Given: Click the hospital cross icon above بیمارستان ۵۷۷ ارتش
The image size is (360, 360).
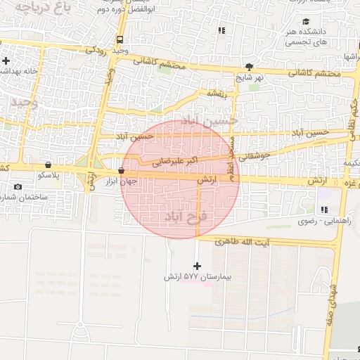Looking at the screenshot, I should click(196, 266).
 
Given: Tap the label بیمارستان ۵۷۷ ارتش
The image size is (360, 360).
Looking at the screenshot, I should click(198, 277).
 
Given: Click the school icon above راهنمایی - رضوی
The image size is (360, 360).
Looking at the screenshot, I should click(323, 210).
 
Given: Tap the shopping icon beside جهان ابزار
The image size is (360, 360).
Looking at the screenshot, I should click(122, 171).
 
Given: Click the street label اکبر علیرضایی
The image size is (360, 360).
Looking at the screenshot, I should click(175, 161).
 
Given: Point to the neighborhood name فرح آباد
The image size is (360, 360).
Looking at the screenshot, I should click(184, 214).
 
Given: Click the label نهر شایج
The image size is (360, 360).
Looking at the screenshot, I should click(250, 77).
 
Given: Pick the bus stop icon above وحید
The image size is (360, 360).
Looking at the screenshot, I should click(120, 39).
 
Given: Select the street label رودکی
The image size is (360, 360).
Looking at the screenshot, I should click(95, 50).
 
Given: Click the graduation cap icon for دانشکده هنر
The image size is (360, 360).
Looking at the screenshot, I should click(306, 22).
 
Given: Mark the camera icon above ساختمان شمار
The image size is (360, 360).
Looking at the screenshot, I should click(18, 186).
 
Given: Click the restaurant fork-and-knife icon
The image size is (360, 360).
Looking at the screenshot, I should click(222, 30).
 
